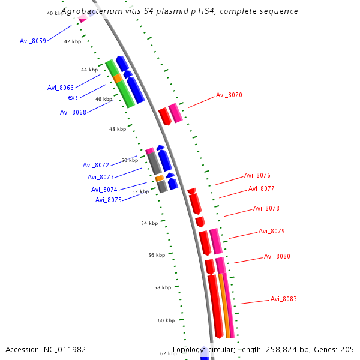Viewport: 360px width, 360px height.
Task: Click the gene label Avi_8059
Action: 32,41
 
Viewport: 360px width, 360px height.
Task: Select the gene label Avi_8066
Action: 61,88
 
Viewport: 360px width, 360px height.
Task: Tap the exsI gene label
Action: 74,97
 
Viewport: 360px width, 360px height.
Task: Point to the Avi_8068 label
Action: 73,112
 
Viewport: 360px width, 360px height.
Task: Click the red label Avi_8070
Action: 229,95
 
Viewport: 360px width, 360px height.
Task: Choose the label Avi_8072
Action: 96,165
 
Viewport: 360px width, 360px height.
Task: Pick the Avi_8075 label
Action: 109,200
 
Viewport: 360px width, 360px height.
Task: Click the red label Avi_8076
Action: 257,176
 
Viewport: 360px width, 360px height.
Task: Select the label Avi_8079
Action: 272,231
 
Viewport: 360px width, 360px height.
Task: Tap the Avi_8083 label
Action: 284,299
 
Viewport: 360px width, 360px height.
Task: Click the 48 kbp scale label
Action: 118,129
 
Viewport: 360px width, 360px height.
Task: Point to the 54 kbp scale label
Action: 149,223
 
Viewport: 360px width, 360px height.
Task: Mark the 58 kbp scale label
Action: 163,287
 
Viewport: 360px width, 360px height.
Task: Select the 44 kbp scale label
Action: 89,70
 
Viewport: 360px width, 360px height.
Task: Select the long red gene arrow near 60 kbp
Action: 215,306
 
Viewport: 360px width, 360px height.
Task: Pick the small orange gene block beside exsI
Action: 118,78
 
